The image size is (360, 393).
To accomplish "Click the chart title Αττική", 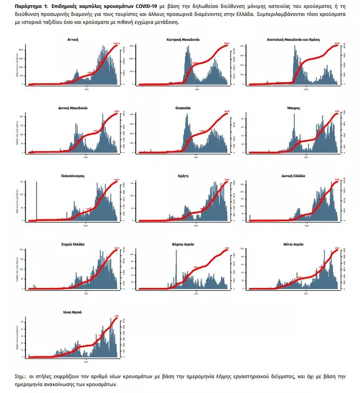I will pyautogui.click(x=74, y=40).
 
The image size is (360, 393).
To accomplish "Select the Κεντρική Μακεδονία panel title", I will pyautogui.click(x=183, y=40).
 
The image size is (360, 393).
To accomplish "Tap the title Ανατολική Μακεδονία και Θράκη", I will pyautogui.click(x=293, y=40).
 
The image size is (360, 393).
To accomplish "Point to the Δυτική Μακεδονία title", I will pyautogui.click(x=74, y=108).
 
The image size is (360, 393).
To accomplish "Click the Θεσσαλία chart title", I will pyautogui.click(x=183, y=108).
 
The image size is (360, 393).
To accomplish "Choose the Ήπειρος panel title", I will pyautogui.click(x=293, y=108).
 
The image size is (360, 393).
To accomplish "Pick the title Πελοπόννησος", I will pyautogui.click(x=74, y=175).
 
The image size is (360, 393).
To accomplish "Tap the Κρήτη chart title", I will pyautogui.click(x=183, y=175).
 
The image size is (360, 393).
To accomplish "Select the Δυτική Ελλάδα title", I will pyautogui.click(x=293, y=175).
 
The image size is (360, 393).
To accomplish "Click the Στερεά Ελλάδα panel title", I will pyautogui.click(x=74, y=244).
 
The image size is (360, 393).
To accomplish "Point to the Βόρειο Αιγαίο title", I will pyautogui.click(x=183, y=244).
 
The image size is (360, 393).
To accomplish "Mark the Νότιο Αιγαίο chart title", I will pyautogui.click(x=293, y=244).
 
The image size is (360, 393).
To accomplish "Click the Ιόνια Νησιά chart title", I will pyautogui.click(x=74, y=312).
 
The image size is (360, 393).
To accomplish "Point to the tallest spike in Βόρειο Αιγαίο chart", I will pyautogui.click(x=176, y=268).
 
